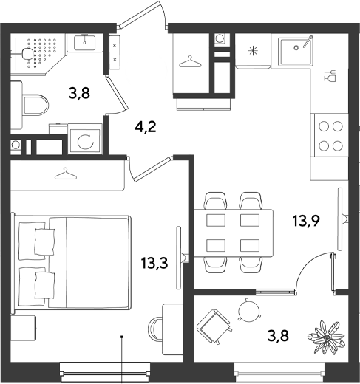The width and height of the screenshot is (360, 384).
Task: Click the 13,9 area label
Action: (x=306, y=221)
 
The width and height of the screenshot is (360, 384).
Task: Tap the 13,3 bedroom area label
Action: (x=154, y=263)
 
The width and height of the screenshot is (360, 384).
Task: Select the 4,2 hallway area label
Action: (x=146, y=127)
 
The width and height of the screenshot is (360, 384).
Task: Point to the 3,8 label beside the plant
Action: (x=278, y=336)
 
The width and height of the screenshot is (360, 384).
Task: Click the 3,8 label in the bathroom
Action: (x=79, y=93)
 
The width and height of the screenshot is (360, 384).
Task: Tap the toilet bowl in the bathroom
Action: (x=35, y=106)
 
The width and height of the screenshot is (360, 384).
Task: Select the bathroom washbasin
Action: (x=85, y=42)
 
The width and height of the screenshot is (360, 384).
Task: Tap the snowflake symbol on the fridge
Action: (x=253, y=51)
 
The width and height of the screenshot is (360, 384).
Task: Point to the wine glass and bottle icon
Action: (x=330, y=76)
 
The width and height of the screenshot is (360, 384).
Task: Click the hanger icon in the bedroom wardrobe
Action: (x=65, y=174)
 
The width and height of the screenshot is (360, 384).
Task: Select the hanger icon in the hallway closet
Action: (x=190, y=61)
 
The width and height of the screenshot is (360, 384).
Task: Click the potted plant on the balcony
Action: (x=326, y=337)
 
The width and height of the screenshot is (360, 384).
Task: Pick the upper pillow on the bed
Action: (x=44, y=241)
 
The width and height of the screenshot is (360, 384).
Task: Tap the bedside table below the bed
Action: (x=23, y=327)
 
